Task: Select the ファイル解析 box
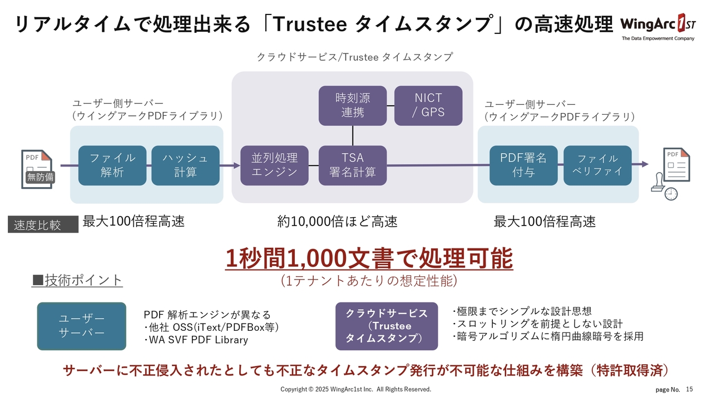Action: (x=112, y=165)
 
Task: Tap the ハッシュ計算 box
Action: (x=185, y=165)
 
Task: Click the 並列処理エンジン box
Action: (x=274, y=165)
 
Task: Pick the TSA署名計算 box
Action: (x=352, y=165)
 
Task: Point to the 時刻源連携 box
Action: (x=353, y=105)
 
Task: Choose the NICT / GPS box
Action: (x=428, y=105)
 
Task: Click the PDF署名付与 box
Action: (x=523, y=165)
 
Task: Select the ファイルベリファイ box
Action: (x=597, y=165)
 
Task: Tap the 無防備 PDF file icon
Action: (x=38, y=169)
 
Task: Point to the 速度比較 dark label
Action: (x=43, y=225)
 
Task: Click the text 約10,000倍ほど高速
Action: (x=338, y=222)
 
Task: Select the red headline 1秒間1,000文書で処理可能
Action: (x=369, y=258)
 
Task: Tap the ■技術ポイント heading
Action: (x=77, y=280)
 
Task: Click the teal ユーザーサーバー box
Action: (x=81, y=326)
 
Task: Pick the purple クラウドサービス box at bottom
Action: (x=386, y=326)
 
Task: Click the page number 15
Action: (x=690, y=389)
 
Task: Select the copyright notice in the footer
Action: (x=355, y=389)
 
